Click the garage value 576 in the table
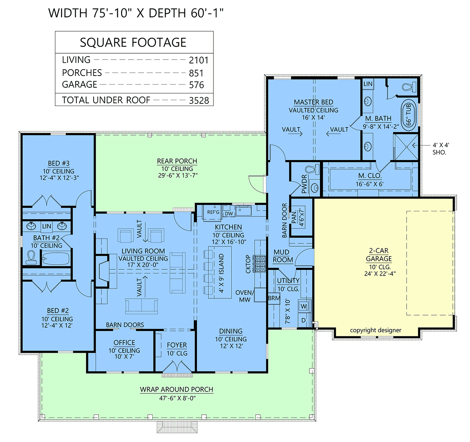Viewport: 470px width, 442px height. (x=196, y=85)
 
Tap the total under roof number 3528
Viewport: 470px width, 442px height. (x=199, y=101)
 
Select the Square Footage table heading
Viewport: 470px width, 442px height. (x=133, y=43)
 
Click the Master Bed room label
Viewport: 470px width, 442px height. (x=313, y=102)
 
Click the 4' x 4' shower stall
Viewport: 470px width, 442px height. (x=406, y=147)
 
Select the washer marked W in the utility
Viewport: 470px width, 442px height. (x=304, y=307)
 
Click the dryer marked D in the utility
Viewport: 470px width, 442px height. (x=304, y=320)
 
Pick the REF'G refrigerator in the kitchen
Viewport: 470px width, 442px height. (x=213, y=212)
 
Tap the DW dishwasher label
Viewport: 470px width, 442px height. (x=229, y=214)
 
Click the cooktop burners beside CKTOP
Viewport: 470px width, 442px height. (x=260, y=263)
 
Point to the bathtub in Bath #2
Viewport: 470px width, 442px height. (x=56, y=259)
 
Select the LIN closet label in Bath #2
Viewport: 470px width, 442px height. (x=47, y=226)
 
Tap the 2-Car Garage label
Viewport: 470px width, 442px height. (x=379, y=254)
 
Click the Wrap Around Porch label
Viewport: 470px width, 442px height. (x=177, y=389)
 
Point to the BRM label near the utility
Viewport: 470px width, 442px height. (x=274, y=298)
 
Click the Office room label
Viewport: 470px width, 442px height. (x=124, y=343)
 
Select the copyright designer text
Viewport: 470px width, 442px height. (x=376, y=330)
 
